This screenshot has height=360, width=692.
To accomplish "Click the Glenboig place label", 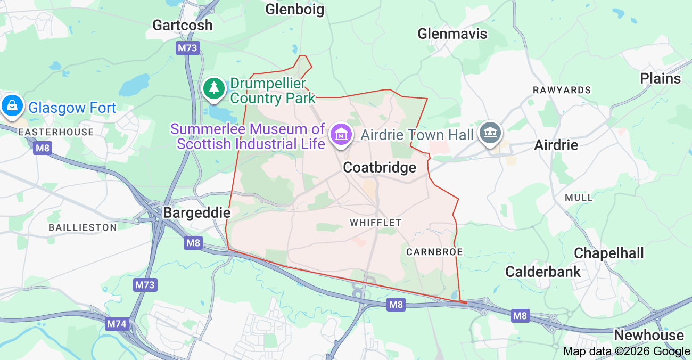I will click(294, 9).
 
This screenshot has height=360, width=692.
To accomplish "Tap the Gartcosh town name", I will click(182, 25).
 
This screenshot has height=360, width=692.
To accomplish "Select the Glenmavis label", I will click(452, 34).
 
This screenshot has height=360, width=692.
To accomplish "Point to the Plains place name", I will click(660, 78).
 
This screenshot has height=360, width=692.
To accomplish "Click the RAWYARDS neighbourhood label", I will click(562, 90).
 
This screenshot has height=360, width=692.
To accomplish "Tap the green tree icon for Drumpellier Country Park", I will click(214, 88).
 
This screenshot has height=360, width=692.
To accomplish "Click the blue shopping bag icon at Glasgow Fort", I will click(12, 105).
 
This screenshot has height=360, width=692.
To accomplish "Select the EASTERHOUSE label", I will click(56, 132).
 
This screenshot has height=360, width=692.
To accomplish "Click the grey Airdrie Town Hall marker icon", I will click(490, 133).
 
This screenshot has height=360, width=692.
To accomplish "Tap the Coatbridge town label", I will click(380, 168).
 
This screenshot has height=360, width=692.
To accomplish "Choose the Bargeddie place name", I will click(196, 213).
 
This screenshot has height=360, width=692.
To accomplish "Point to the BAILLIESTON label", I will click(83, 227).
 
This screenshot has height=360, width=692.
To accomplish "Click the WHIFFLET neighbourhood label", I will click(375, 223).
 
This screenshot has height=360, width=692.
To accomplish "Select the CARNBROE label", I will click(434, 251).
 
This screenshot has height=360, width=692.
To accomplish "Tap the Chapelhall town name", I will click(608, 253).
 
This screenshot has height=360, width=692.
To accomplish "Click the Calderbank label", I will click(543, 272).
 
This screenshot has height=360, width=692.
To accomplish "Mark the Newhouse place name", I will click(648, 335).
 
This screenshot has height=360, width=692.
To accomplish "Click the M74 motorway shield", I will click(116, 324).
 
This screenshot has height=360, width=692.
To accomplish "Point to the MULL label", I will click(579, 198).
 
